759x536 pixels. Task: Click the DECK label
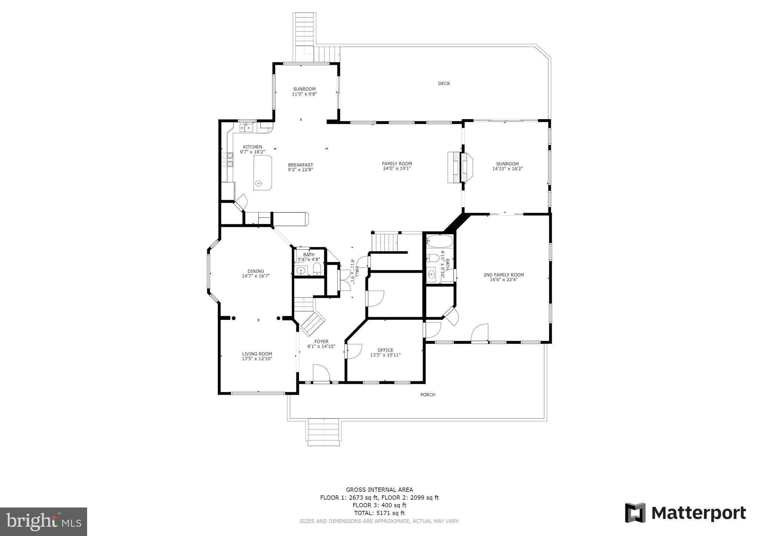click(444, 84)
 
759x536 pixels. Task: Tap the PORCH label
click(427, 395)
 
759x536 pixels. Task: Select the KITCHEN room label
click(252, 147)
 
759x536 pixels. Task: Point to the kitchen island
click(262, 173)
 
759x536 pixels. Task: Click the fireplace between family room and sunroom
click(460, 167)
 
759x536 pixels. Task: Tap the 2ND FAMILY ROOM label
click(503, 275)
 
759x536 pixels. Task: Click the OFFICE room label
click(385, 350)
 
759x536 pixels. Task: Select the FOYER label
click(321, 342)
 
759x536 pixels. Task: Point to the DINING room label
click(256, 271)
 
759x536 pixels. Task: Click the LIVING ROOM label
click(257, 354)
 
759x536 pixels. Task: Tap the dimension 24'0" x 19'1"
click(397, 168)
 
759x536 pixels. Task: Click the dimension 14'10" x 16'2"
click(507, 168)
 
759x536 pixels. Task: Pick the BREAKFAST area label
click(300, 165)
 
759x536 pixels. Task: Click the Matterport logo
click(685, 513)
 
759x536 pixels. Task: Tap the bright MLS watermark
click(43, 522)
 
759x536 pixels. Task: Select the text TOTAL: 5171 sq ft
click(379, 513)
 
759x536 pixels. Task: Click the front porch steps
click(324, 432)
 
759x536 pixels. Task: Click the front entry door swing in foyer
click(321, 373)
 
